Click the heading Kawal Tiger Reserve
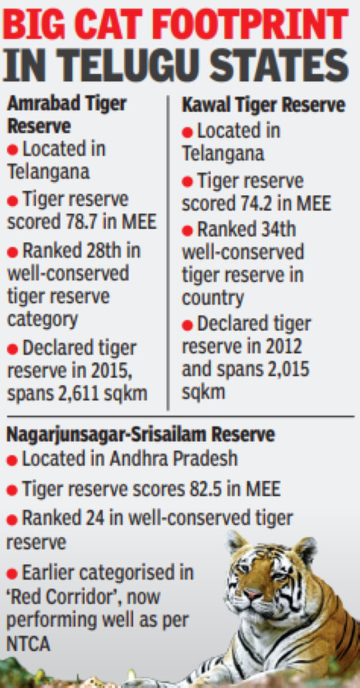point(263,106)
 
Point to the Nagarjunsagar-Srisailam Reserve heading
point(140,435)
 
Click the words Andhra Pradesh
point(173,459)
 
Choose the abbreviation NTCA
point(28,644)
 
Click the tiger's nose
point(254,596)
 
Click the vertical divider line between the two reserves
point(168,253)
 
